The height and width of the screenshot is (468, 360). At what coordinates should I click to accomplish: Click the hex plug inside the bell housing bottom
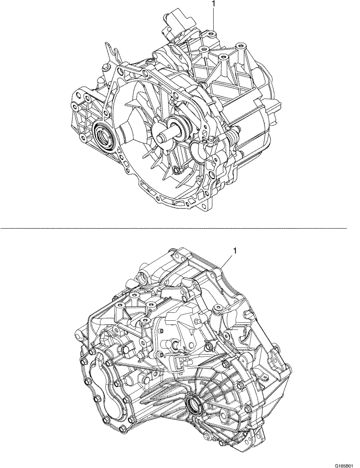178,172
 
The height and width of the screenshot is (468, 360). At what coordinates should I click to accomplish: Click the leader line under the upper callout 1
213,20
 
